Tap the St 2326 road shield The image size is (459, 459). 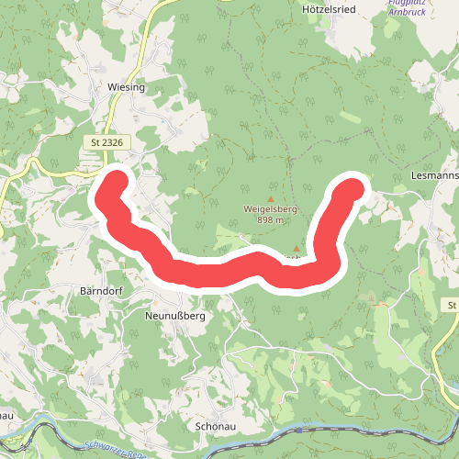(107, 142)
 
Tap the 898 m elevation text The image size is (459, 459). (270, 219)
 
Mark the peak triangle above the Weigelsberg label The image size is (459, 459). (271, 198)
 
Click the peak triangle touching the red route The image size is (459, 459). (297, 249)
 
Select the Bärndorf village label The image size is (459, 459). (101, 291)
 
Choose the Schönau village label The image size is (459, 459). (218, 427)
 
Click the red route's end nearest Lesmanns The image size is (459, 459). (353, 188)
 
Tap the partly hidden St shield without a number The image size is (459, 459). (453, 305)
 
